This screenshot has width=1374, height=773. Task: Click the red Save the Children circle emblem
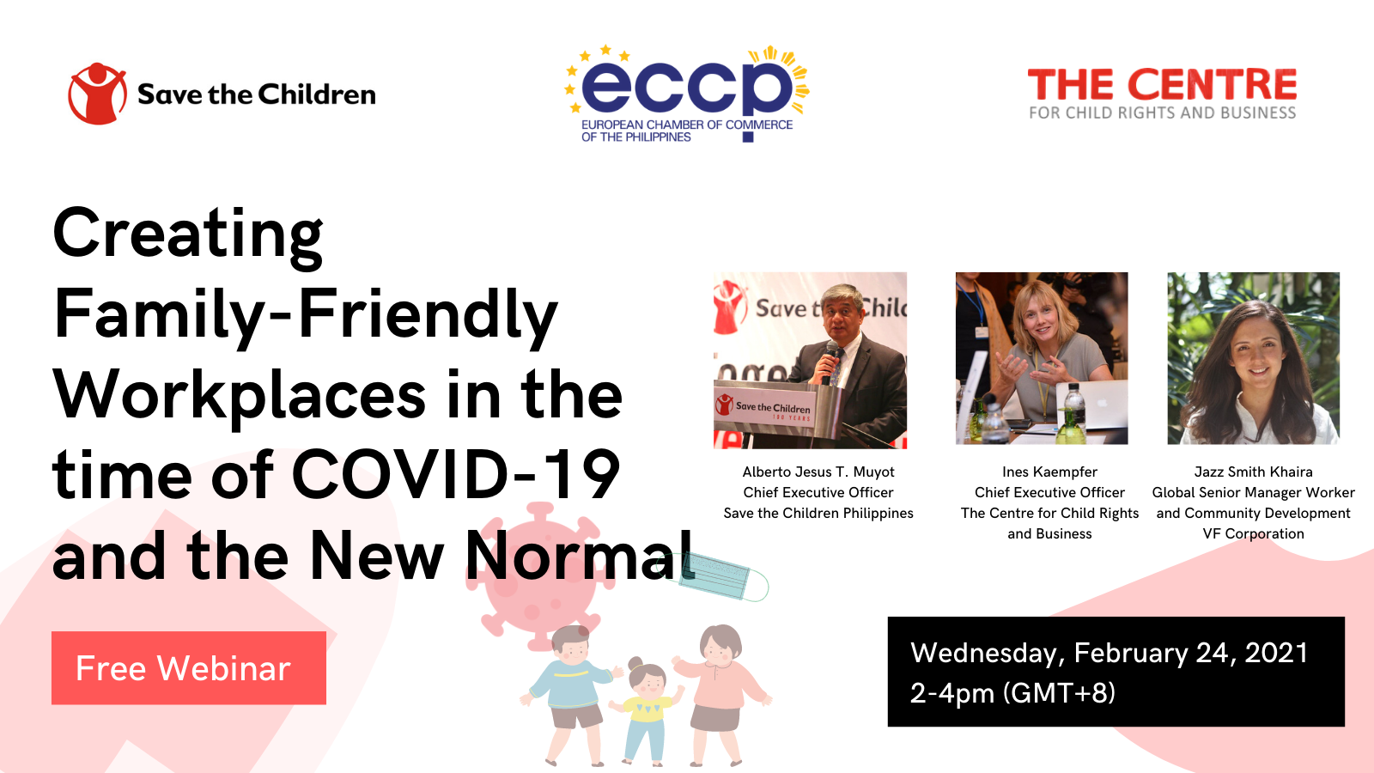click(x=97, y=94)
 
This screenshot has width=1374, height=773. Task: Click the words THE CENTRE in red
click(x=1163, y=85)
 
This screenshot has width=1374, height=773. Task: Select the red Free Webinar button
click(x=189, y=667)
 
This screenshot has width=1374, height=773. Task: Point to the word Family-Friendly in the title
click(x=306, y=316)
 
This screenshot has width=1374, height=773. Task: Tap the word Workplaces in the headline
click(x=240, y=396)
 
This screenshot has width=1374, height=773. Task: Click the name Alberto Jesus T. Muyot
click(x=818, y=472)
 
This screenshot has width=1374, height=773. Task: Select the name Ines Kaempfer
click(x=1049, y=472)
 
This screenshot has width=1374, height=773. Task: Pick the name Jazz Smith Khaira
click(x=1253, y=472)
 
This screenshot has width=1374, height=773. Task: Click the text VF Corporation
click(x=1253, y=533)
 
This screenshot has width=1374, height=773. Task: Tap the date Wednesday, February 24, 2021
click(x=1109, y=653)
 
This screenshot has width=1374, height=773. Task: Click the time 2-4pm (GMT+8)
click(x=1012, y=693)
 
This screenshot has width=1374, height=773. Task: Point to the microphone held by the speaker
click(x=830, y=362)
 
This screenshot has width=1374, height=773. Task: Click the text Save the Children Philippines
click(x=818, y=513)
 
